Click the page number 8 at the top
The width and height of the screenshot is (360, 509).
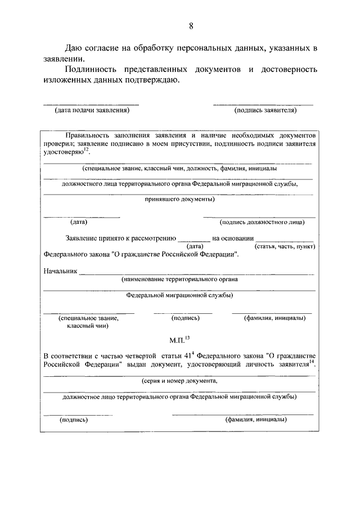pyautogui.click(x=191, y=26)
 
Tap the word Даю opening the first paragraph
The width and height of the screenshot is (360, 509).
pyautogui.click(x=75, y=47)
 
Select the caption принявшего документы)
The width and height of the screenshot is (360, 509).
pyautogui.click(x=179, y=199)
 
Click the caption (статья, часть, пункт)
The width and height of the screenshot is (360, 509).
pyautogui.click(x=285, y=246)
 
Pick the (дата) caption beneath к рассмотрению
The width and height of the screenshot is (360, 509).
pyautogui.click(x=194, y=246)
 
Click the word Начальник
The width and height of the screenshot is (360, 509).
pyautogui.click(x=60, y=271)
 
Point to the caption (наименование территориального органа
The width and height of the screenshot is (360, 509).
pyautogui.click(x=179, y=279)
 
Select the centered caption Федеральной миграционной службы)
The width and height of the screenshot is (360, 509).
pyautogui.click(x=179, y=295)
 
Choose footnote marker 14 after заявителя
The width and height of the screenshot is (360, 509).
pyautogui.click(x=312, y=363)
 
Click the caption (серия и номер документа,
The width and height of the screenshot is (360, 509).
pyautogui.click(x=179, y=380)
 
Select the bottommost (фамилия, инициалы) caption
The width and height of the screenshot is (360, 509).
pyautogui.click(x=256, y=420)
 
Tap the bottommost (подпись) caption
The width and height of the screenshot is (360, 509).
pyautogui.click(x=74, y=420)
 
